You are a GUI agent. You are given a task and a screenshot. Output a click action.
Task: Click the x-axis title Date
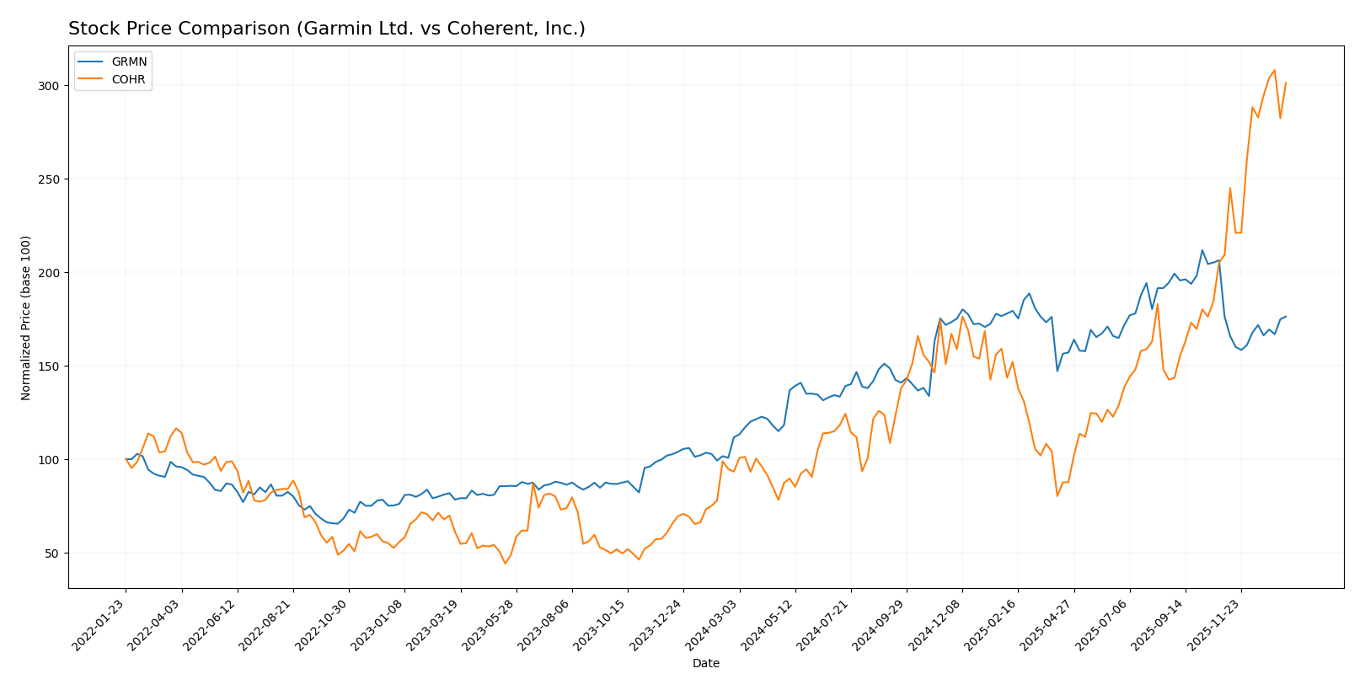(x=706, y=664)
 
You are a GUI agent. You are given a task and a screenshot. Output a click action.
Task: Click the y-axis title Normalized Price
(x=26, y=318)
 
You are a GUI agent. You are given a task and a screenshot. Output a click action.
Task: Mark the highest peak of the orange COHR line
(x=1274, y=70)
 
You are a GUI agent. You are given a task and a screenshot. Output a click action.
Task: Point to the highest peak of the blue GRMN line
(x=1202, y=250)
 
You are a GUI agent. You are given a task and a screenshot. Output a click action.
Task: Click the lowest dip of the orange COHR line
(x=506, y=563)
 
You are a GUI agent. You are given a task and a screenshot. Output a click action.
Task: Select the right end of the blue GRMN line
(x=1286, y=317)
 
